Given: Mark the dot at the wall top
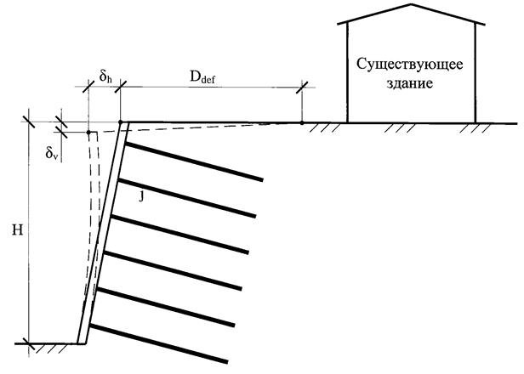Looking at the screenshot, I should point(122,122).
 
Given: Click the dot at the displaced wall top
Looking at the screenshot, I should point(88,132).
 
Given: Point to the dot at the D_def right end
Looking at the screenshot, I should point(302,122).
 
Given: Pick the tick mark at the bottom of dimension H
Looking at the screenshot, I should point(28,343).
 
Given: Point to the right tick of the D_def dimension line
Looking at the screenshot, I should point(302,86).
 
